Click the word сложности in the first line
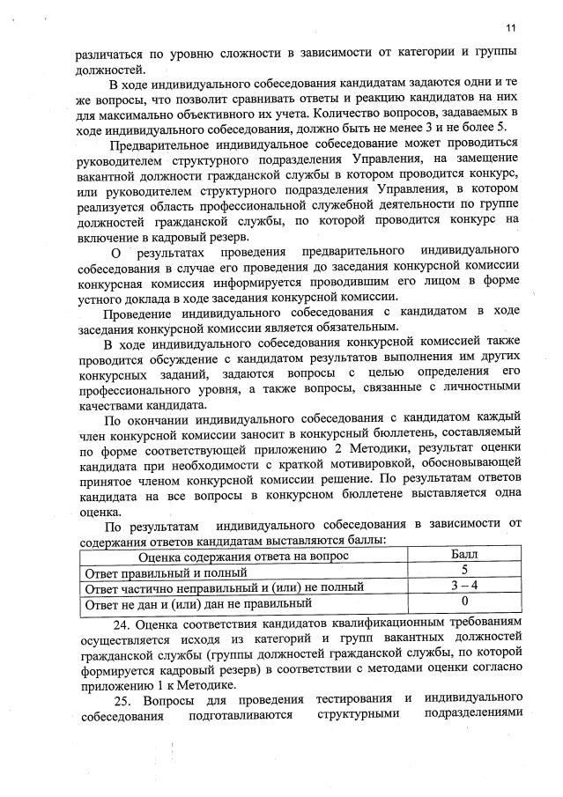point(234,54)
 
